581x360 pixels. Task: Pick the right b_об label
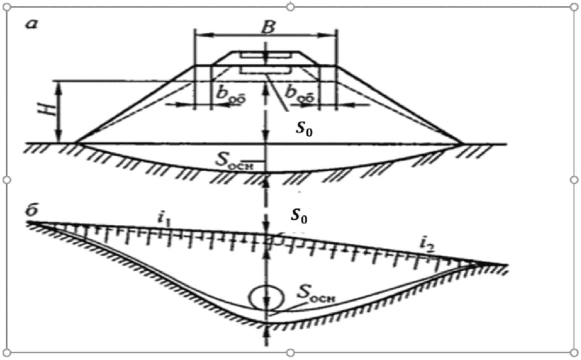(300, 93)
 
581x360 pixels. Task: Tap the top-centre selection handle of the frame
(290, 7)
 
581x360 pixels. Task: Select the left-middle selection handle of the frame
(7, 179)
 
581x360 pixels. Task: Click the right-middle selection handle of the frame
(574, 179)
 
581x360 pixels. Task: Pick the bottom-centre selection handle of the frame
(290, 353)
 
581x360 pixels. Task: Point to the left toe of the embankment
(76, 143)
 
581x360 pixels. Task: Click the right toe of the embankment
(463, 143)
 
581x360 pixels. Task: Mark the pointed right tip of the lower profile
(506, 265)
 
